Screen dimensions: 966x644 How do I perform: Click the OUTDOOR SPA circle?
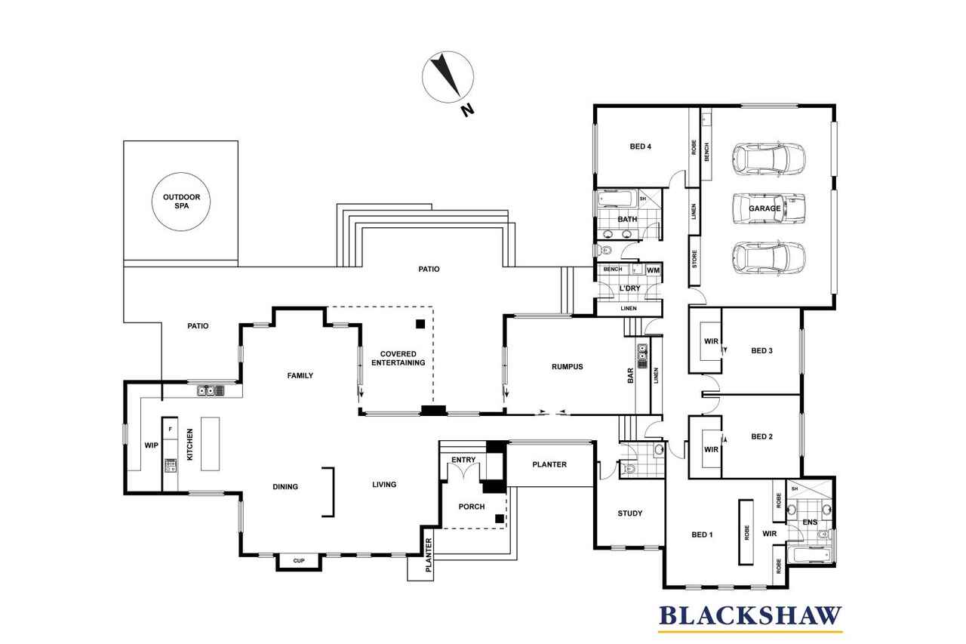point(181,173)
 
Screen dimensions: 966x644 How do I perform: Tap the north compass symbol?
point(448,77)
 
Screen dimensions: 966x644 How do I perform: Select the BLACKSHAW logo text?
point(750,616)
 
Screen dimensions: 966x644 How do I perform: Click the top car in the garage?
point(768,160)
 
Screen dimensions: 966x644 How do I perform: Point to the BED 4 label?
point(641,146)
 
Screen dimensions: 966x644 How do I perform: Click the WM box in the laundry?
point(653,270)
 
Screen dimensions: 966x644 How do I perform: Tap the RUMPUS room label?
point(567,367)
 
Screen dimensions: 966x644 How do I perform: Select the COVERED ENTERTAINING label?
point(398,359)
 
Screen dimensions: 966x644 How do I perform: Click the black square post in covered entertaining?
point(420,324)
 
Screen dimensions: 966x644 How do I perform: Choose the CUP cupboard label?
point(299,561)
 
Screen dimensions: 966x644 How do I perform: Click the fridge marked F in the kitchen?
point(171,428)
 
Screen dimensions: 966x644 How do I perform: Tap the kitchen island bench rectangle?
point(211,443)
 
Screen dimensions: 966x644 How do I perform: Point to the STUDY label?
point(630,513)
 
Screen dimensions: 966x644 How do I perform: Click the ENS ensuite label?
point(810,522)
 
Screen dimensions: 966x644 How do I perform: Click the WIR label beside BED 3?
point(711,341)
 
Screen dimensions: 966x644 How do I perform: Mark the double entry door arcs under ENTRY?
point(463,472)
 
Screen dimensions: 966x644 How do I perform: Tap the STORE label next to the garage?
point(694,259)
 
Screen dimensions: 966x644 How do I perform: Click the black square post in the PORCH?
point(499,519)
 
